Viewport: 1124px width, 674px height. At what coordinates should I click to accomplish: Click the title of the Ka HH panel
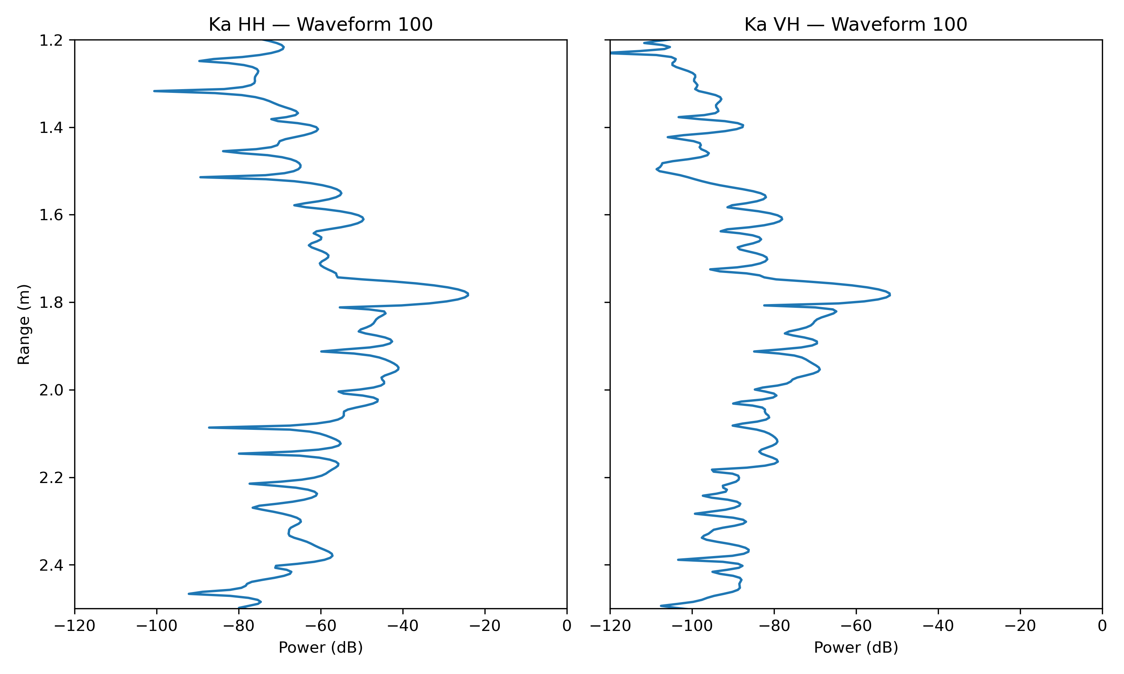(x=320, y=24)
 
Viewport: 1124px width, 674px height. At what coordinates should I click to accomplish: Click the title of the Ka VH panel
(x=855, y=24)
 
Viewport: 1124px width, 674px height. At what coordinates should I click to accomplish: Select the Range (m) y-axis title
(x=24, y=324)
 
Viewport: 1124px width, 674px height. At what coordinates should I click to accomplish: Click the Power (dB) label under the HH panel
(x=320, y=647)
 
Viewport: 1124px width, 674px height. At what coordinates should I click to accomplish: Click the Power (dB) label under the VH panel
(x=855, y=647)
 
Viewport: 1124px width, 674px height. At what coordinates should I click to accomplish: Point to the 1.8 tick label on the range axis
(x=51, y=303)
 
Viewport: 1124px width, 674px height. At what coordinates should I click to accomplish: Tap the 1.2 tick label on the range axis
(x=51, y=40)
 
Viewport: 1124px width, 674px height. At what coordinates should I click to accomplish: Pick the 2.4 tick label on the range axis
(x=51, y=565)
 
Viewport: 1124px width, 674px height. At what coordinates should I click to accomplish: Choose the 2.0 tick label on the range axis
(x=51, y=390)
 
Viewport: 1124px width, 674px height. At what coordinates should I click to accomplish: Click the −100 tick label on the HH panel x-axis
(x=157, y=626)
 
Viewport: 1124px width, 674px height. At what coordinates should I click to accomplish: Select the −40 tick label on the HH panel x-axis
(x=402, y=626)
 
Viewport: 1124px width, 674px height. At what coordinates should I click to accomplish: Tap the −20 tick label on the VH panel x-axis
(x=1020, y=626)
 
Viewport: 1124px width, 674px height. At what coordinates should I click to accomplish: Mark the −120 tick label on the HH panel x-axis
(x=75, y=626)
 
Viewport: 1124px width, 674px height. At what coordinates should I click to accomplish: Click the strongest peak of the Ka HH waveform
(x=468, y=294)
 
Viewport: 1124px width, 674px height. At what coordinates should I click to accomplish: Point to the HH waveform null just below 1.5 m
(x=201, y=177)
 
